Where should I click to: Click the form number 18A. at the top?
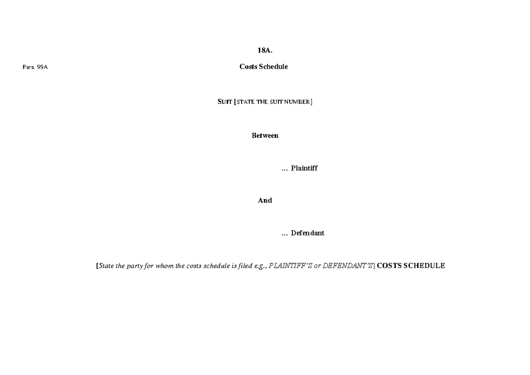pos(265,50)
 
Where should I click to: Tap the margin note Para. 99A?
pos(35,67)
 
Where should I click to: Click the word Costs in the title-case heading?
pos(248,67)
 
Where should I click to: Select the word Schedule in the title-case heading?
pos(273,67)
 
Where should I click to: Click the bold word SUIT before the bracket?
pos(224,102)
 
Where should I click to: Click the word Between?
pos(265,136)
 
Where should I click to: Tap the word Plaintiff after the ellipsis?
pos(304,168)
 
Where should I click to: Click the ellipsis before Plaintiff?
pos(284,170)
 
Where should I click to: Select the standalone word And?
pos(265,201)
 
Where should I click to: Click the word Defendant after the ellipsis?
pos(307,233)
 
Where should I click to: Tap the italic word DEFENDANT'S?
pos(348,266)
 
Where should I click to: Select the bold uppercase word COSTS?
pos(389,266)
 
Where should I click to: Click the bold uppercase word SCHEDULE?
pos(424,266)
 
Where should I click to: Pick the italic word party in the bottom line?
pos(135,266)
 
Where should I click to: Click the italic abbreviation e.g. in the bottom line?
pos(261,266)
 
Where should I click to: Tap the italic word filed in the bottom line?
pos(245,266)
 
